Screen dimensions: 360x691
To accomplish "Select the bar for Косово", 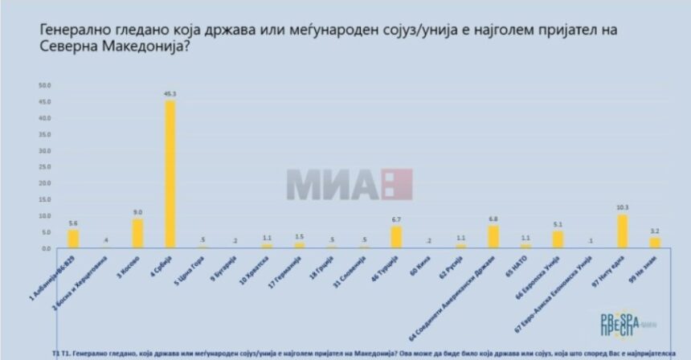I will [x=137, y=234].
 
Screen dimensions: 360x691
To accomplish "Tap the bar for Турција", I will [x=395, y=238].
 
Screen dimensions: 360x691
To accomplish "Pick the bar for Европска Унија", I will [x=558, y=239].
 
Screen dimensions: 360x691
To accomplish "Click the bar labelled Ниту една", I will [x=622, y=231].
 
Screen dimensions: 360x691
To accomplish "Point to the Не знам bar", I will [x=654, y=243].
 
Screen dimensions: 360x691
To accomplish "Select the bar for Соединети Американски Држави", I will [x=493, y=237].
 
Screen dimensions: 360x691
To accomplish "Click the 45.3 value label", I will [x=170, y=94].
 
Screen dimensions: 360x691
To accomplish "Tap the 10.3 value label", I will [x=622, y=208].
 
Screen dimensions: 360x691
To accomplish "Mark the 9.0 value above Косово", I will [x=137, y=213].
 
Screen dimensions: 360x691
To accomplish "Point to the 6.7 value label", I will [x=395, y=220].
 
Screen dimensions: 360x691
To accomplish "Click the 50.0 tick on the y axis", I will [x=45, y=84].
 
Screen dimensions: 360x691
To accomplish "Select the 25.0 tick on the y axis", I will [x=45, y=166].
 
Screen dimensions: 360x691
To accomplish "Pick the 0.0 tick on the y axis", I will [x=46, y=248].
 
